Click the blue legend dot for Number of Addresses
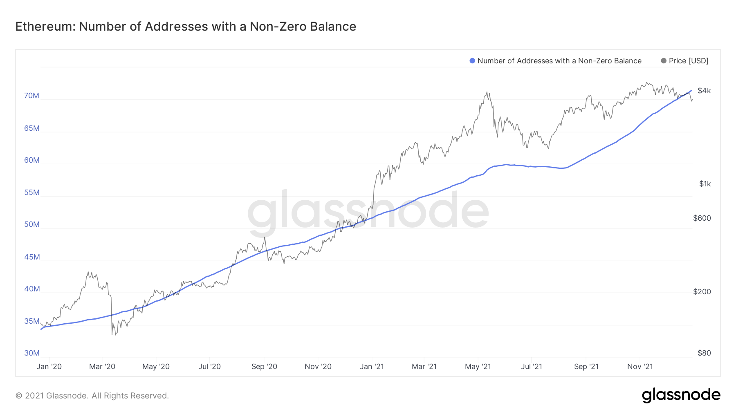(x=472, y=61)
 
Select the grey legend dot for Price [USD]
(x=664, y=61)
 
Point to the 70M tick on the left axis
(x=32, y=96)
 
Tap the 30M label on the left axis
(x=32, y=353)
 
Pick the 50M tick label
(x=32, y=224)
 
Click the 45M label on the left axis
(x=32, y=257)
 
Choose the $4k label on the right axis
(x=704, y=91)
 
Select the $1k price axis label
(x=705, y=184)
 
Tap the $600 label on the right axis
(x=702, y=218)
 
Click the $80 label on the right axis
(x=704, y=353)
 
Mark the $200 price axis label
(x=702, y=292)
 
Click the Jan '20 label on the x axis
(x=49, y=367)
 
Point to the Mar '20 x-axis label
(x=102, y=367)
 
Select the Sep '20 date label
(x=264, y=367)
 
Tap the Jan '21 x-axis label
(x=372, y=367)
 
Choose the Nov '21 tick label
(x=640, y=367)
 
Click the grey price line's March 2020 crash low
(x=112, y=334)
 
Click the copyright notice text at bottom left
(x=92, y=396)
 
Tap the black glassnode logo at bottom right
(x=681, y=395)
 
